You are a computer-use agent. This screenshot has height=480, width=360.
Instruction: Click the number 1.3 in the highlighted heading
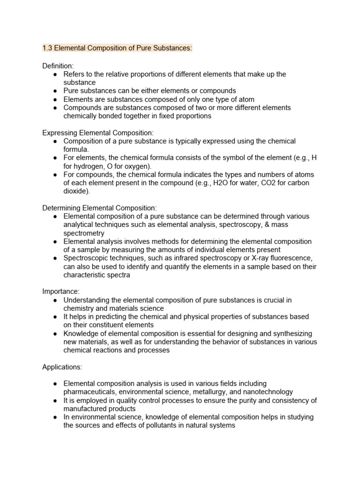point(47,48)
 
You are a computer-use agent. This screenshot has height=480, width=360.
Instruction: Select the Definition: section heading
point(58,66)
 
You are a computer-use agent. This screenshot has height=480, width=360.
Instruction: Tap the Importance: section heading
point(61,292)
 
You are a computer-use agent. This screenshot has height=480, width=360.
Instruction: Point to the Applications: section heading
point(63,367)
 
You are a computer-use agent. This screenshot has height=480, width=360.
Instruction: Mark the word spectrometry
point(84,233)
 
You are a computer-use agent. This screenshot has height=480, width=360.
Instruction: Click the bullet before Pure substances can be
point(55,91)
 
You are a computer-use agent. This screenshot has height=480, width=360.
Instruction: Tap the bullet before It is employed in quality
point(55,400)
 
